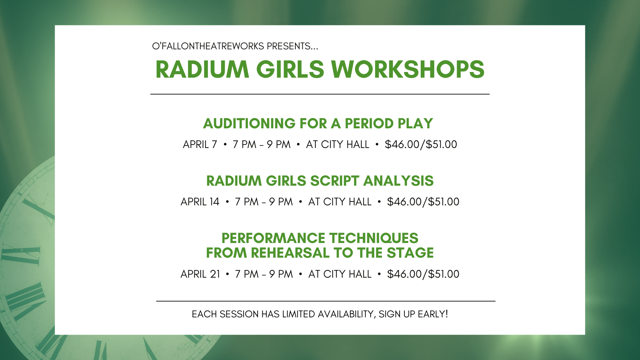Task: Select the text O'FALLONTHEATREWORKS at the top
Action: [208, 46]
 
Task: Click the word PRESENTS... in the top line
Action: [292, 46]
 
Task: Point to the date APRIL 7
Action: [200, 144]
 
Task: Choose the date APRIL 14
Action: [200, 202]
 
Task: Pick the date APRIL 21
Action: [200, 274]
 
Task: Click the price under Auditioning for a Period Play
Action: [421, 144]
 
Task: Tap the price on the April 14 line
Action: [423, 202]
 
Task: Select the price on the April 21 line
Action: [423, 274]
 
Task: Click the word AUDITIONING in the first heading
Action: [249, 123]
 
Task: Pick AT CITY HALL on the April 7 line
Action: [338, 144]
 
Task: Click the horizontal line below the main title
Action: [320, 94]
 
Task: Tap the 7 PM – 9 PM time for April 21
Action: [264, 274]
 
